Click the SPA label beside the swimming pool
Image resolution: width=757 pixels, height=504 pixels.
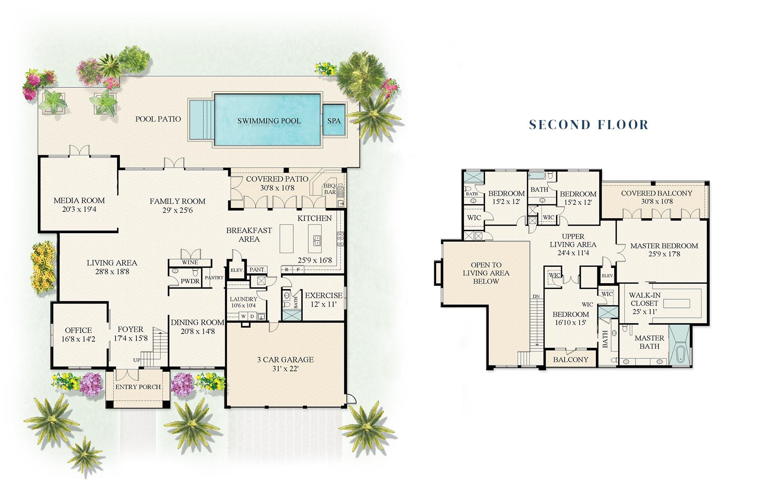click(334, 121)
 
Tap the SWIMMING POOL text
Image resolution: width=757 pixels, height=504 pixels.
click(269, 121)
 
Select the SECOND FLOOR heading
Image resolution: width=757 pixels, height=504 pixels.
click(589, 125)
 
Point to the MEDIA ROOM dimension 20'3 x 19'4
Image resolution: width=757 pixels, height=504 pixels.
click(79, 209)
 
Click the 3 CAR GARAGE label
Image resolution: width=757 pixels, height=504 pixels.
click(285, 359)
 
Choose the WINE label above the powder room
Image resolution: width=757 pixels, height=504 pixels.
click(190, 262)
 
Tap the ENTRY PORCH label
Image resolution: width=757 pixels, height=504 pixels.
click(138, 387)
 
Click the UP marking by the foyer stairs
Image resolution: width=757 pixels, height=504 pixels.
click(136, 360)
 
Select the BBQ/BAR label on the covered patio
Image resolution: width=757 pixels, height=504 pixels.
click(330, 189)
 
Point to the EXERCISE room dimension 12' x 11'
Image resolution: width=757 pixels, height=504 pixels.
click(323, 304)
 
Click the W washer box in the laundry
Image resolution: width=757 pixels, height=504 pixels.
click(243, 316)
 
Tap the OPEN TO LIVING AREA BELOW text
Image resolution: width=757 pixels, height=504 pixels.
click(486, 273)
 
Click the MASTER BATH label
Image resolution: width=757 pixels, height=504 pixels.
click(649, 342)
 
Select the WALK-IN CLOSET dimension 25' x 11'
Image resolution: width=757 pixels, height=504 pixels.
click(644, 312)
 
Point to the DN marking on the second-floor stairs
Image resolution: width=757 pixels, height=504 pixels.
click(536, 296)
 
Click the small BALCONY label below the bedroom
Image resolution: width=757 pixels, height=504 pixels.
click(570, 359)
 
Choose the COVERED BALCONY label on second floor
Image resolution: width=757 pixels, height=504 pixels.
click(656, 193)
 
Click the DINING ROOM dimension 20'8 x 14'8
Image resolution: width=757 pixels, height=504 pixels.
click(198, 332)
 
